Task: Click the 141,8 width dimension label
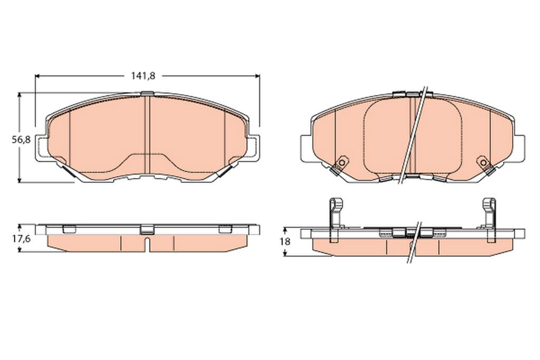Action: [143, 76]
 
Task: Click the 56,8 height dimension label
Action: [22, 140]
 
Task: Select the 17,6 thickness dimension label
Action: [22, 239]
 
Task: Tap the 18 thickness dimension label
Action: [285, 241]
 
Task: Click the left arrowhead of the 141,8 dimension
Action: [38, 76]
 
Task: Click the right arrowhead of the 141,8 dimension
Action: [257, 76]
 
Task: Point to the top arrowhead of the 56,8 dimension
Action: [20, 95]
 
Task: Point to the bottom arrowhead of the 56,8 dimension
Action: [20, 179]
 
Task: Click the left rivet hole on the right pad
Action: [342, 162]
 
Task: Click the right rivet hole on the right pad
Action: [483, 162]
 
